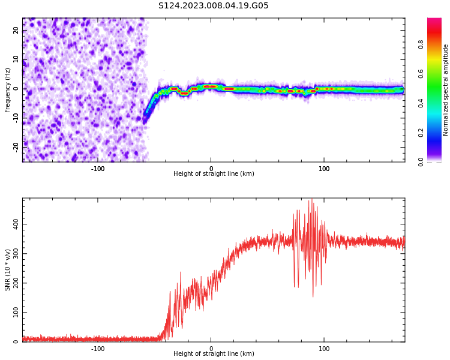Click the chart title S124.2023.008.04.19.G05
pyautogui.click(x=214, y=6)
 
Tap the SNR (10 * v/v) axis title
pyautogui.click(x=8, y=271)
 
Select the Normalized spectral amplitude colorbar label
pyautogui.click(x=446, y=90)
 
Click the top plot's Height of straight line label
pyautogui.click(x=214, y=174)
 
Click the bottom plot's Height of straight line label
pyautogui.click(x=214, y=354)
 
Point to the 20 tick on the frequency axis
pyautogui.click(x=16, y=31)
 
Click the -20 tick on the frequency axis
pyautogui.click(x=16, y=146)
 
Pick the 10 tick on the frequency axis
pyautogui.click(x=16, y=59)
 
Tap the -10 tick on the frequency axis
pyautogui.click(x=16, y=117)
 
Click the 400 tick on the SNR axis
pyautogui.click(x=16, y=224)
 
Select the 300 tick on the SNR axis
pyautogui.click(x=16, y=253)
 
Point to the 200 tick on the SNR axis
pyautogui.click(x=16, y=283)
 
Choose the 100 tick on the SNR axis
pyautogui.click(x=16, y=313)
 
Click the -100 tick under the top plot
pyautogui.click(x=98, y=169)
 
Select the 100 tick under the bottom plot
pyautogui.click(x=324, y=349)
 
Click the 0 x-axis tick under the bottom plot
pyautogui.click(x=211, y=349)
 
